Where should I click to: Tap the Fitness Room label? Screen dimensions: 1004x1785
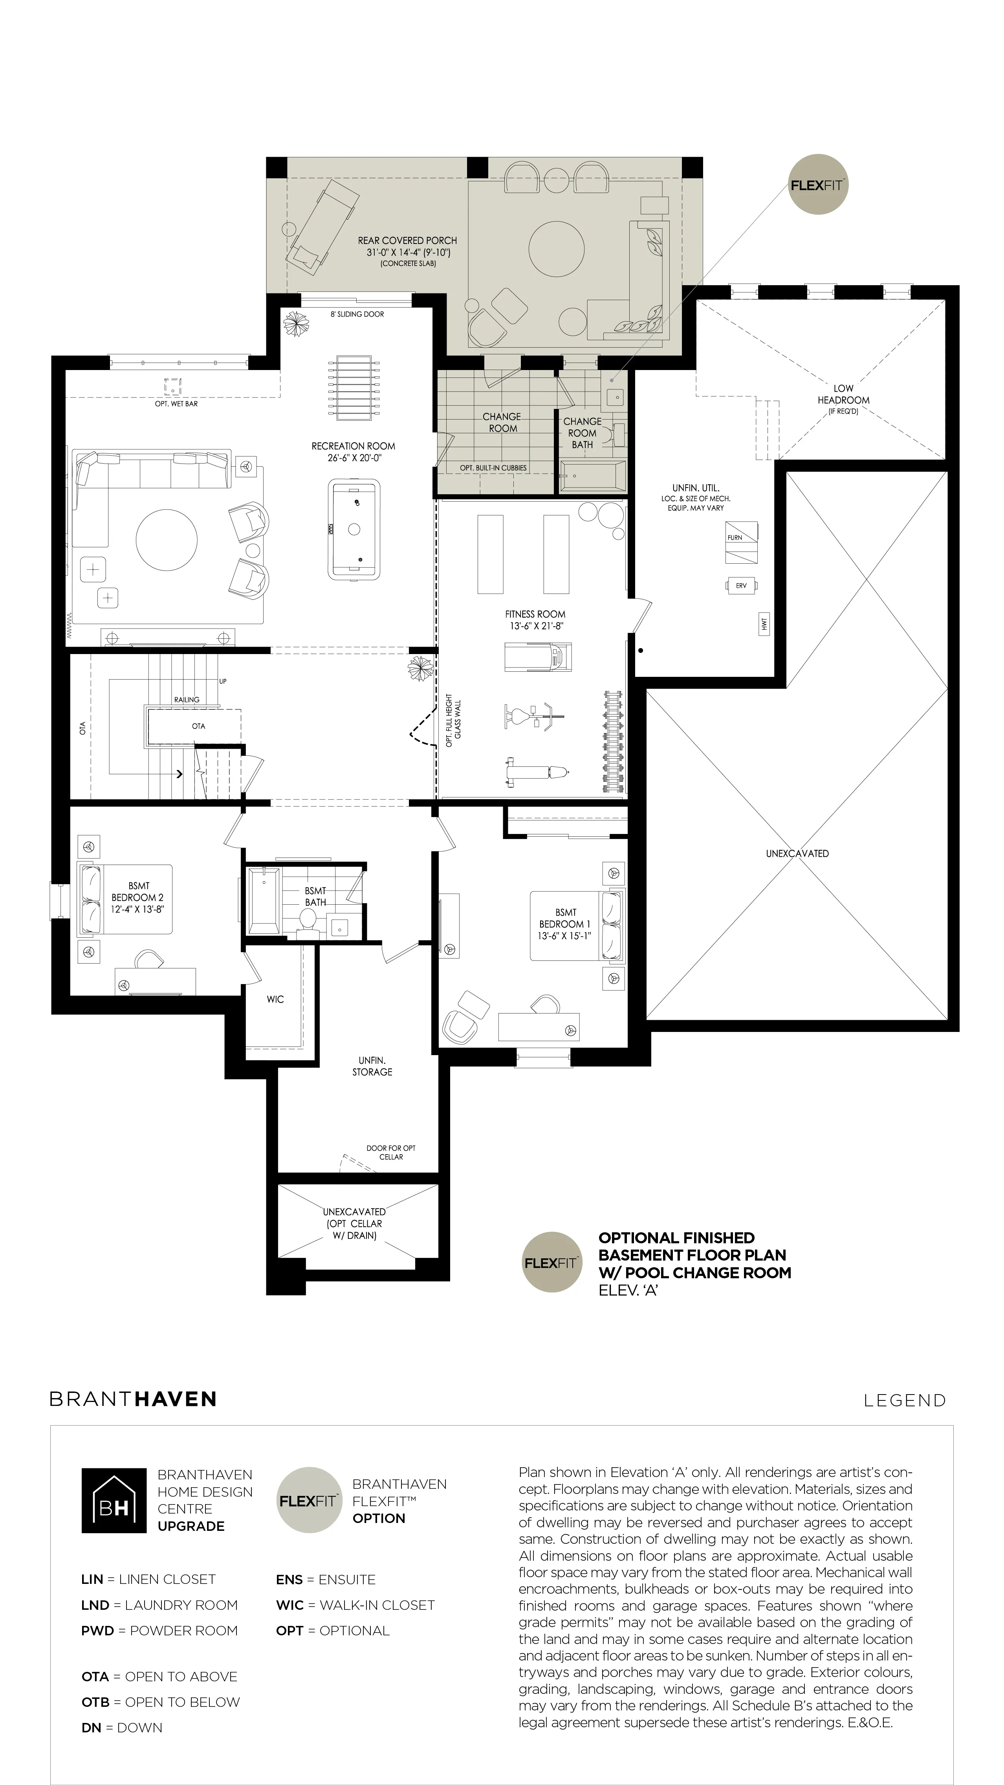[535, 619]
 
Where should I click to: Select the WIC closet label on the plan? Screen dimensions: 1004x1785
[275, 999]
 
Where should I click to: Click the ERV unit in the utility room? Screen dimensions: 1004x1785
[741, 586]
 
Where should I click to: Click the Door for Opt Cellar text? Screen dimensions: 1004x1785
[391, 1152]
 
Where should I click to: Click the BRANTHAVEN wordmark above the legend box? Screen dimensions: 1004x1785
[133, 1399]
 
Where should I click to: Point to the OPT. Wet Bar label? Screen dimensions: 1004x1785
[176, 403]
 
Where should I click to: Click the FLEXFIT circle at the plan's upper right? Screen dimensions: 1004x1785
[817, 184]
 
